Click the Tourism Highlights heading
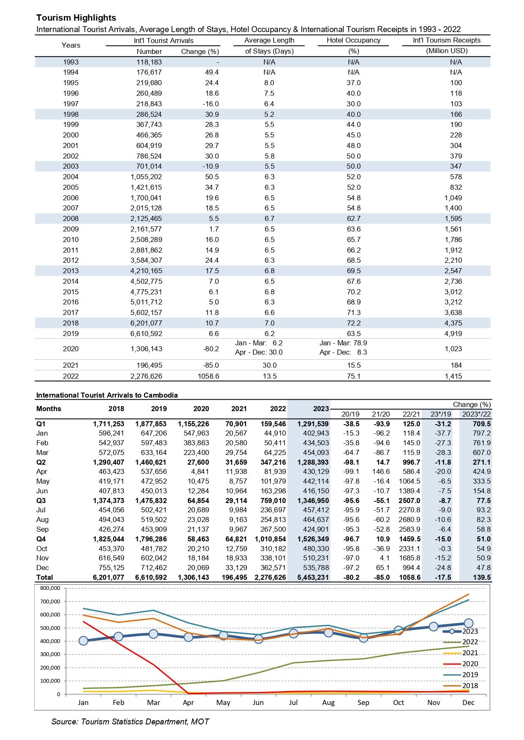[x=76, y=18]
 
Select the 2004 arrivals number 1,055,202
[x=146, y=177]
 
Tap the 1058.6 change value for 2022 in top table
[x=209, y=376]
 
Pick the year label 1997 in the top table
[x=71, y=104]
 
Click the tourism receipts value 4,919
[x=453, y=334]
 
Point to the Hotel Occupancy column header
[x=353, y=40]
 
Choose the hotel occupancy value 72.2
[x=353, y=323]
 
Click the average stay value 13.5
[x=269, y=376]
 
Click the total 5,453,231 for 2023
[x=310, y=577]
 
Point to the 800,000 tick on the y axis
[x=51, y=588]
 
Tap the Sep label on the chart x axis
[x=363, y=702]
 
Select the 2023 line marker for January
[x=83, y=641]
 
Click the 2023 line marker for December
[x=468, y=623]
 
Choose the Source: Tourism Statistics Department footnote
[x=130, y=721]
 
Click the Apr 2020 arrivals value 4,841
[x=199, y=471]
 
